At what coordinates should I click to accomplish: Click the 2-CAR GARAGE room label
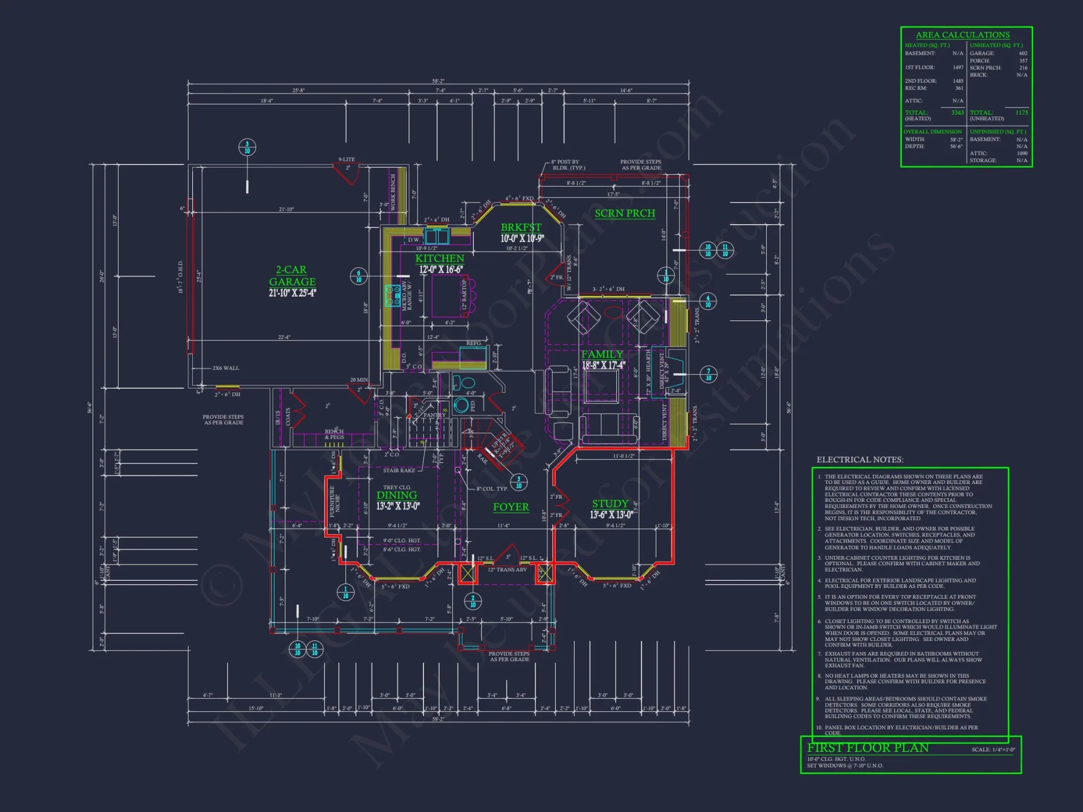click(292, 276)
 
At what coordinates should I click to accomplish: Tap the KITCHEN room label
click(439, 259)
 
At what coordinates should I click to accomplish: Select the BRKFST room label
click(520, 227)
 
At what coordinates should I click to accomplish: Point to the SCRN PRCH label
click(625, 213)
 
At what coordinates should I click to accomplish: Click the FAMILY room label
click(602, 354)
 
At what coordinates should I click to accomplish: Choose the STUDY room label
click(610, 503)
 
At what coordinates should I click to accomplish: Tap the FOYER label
click(511, 507)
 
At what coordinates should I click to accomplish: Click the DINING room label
click(396, 495)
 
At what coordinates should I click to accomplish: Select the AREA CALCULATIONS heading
click(962, 35)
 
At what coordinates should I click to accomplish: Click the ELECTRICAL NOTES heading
click(859, 460)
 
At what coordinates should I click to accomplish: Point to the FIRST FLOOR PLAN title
click(867, 748)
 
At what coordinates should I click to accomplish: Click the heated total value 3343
click(957, 113)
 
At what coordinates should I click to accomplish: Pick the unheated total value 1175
click(1021, 113)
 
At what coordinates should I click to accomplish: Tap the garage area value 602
click(1023, 53)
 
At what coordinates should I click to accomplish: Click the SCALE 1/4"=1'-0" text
click(993, 750)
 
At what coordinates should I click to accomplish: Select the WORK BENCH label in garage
click(393, 192)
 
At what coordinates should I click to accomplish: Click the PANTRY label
click(434, 415)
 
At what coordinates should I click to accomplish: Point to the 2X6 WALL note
click(225, 368)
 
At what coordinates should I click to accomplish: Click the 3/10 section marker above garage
click(247, 147)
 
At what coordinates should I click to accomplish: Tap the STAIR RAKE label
click(399, 470)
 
